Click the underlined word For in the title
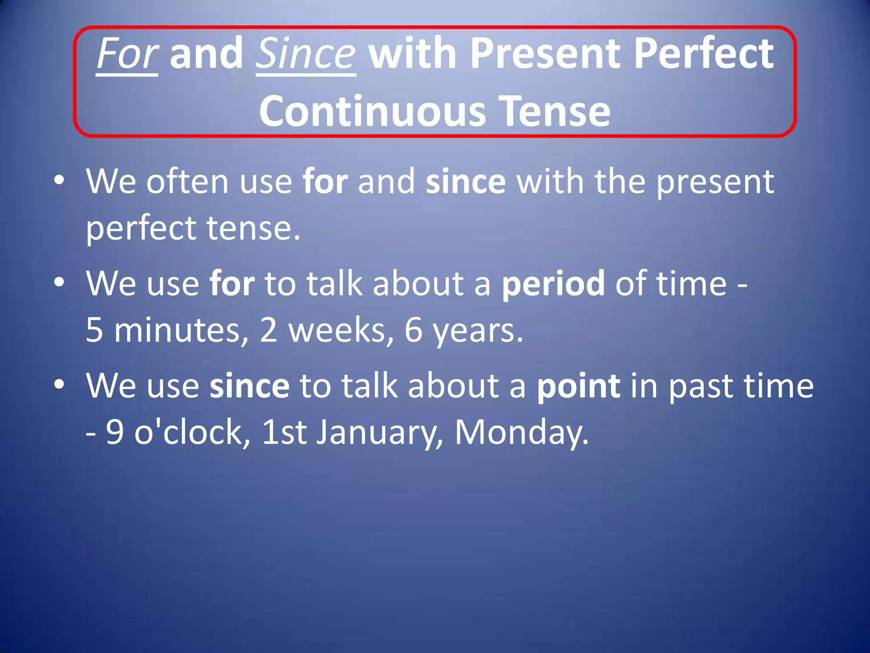[127, 54]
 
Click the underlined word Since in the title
[305, 54]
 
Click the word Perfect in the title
[703, 54]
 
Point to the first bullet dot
[59, 180]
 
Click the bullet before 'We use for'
[59, 282]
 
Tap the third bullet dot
[59, 384]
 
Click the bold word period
[553, 284]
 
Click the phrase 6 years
[463, 331]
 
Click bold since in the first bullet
[466, 182]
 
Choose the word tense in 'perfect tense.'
[253, 228]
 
